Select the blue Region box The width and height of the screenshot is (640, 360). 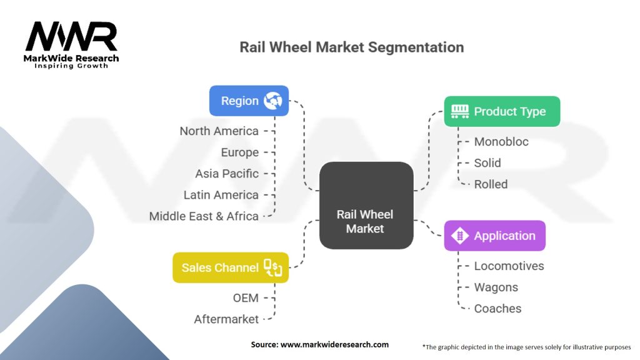(x=249, y=101)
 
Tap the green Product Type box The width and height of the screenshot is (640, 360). (x=502, y=112)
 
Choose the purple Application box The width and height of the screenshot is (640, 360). (x=494, y=236)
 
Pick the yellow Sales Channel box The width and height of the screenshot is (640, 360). (x=231, y=267)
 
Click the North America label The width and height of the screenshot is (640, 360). (x=219, y=131)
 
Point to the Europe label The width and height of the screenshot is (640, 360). (x=239, y=152)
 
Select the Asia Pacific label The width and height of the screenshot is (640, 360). (x=226, y=174)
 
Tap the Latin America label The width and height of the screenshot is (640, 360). (x=221, y=195)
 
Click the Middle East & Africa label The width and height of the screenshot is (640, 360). (x=204, y=216)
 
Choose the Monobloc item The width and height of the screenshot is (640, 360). (x=501, y=142)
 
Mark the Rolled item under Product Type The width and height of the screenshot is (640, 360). (x=491, y=184)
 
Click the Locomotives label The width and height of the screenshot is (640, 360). (x=509, y=266)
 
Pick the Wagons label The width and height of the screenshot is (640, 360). (x=496, y=287)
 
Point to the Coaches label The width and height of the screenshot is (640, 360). (x=497, y=309)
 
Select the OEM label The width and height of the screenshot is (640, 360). (x=246, y=298)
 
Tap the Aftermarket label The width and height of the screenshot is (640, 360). (x=226, y=319)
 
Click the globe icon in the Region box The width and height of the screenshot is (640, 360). (x=272, y=101)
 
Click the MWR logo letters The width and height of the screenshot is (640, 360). (x=71, y=37)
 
